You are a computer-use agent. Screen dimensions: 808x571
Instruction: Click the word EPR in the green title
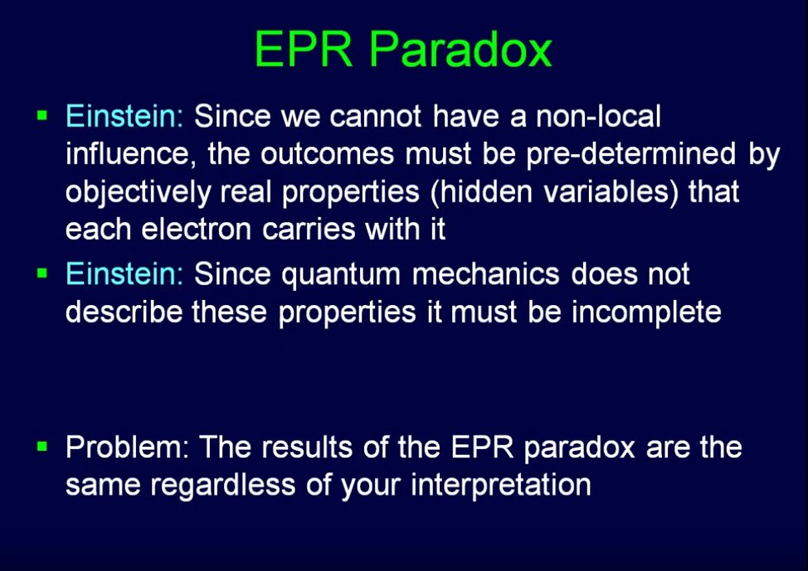tap(304, 50)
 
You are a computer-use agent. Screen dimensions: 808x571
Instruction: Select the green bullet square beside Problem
tap(42, 446)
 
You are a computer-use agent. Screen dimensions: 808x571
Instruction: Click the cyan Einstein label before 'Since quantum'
tap(124, 273)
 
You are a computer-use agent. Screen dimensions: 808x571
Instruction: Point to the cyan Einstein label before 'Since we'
tap(124, 116)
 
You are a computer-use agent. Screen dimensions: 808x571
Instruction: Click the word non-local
tap(598, 116)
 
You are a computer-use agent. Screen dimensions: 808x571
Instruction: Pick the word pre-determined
tap(630, 154)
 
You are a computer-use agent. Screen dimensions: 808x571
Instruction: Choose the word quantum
tap(341, 275)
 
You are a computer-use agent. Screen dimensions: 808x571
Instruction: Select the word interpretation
tap(501, 486)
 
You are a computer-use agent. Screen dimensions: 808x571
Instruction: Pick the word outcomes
tap(327, 155)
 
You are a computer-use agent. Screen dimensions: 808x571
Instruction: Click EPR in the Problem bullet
tap(483, 447)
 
